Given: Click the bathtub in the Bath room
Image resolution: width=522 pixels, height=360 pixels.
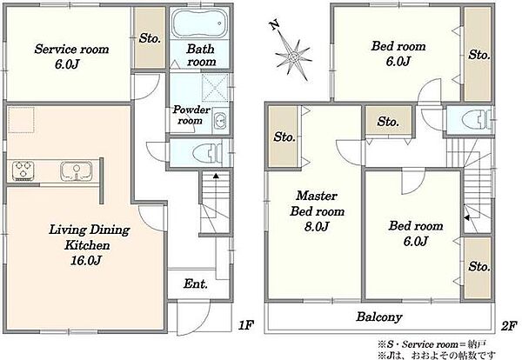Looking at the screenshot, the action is click(200, 23).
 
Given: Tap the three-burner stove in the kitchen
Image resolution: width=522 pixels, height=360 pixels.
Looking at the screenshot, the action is click(23, 170).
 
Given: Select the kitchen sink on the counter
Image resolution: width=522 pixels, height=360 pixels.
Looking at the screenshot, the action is click(77, 171).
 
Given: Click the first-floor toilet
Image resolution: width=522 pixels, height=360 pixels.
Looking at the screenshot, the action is click(208, 154).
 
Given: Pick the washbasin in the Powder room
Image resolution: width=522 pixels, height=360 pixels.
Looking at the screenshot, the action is click(220, 120).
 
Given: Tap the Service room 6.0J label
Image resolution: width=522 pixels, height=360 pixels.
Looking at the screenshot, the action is click(71, 57).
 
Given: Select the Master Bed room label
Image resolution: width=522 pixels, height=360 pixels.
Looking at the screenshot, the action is click(317, 203).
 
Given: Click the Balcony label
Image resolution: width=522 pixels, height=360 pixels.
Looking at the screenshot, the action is click(379, 317).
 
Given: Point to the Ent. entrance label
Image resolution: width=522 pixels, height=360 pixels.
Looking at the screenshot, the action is click(196, 283).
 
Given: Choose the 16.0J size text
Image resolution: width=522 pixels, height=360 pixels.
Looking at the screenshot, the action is click(85, 260).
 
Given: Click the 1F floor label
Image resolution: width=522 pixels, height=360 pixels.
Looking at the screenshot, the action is click(246, 325).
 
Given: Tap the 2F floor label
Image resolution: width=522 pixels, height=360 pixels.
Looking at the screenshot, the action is click(509, 326).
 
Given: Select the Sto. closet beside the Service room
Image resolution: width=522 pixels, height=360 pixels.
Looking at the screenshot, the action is click(150, 38).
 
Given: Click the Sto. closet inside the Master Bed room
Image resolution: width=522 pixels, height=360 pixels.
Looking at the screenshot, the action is click(284, 137).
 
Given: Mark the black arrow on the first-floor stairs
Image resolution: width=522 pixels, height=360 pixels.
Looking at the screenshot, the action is click(216, 176).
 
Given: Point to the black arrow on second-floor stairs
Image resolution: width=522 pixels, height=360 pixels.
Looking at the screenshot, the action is click(466, 218).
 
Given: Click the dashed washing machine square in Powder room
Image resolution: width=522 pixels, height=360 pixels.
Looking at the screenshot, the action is click(215, 87).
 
